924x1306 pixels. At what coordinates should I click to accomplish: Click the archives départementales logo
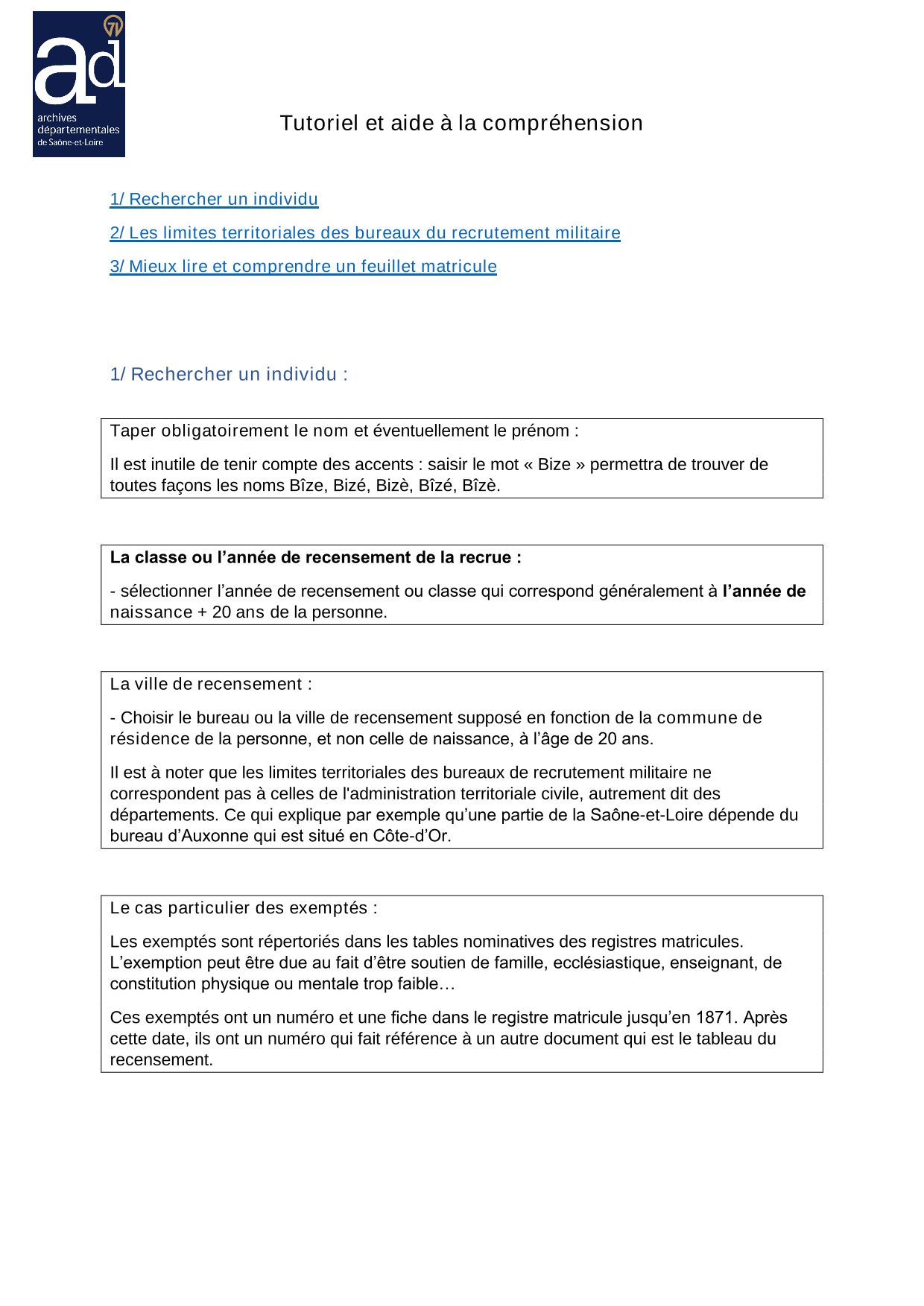[x=79, y=84]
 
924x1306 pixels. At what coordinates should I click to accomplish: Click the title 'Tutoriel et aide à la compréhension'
[x=461, y=123]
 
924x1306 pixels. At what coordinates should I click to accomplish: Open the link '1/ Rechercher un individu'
[x=214, y=199]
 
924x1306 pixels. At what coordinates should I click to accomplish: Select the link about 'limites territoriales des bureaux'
[x=364, y=232]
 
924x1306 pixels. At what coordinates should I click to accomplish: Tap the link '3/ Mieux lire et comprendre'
[x=303, y=266]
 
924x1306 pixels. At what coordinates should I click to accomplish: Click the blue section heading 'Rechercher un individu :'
[x=229, y=374]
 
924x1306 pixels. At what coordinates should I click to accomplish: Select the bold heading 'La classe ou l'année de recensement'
[x=315, y=557]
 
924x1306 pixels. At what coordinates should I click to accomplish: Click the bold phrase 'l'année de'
[x=764, y=591]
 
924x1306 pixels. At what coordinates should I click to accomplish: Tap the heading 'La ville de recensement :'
[x=211, y=684]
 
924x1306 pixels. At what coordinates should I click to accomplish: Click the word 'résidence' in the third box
[x=150, y=739]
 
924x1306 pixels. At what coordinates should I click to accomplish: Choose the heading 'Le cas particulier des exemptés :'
[x=244, y=908]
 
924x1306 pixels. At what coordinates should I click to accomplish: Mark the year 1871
[x=715, y=1018]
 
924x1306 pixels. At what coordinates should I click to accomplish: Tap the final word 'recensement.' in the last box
[x=162, y=1060]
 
